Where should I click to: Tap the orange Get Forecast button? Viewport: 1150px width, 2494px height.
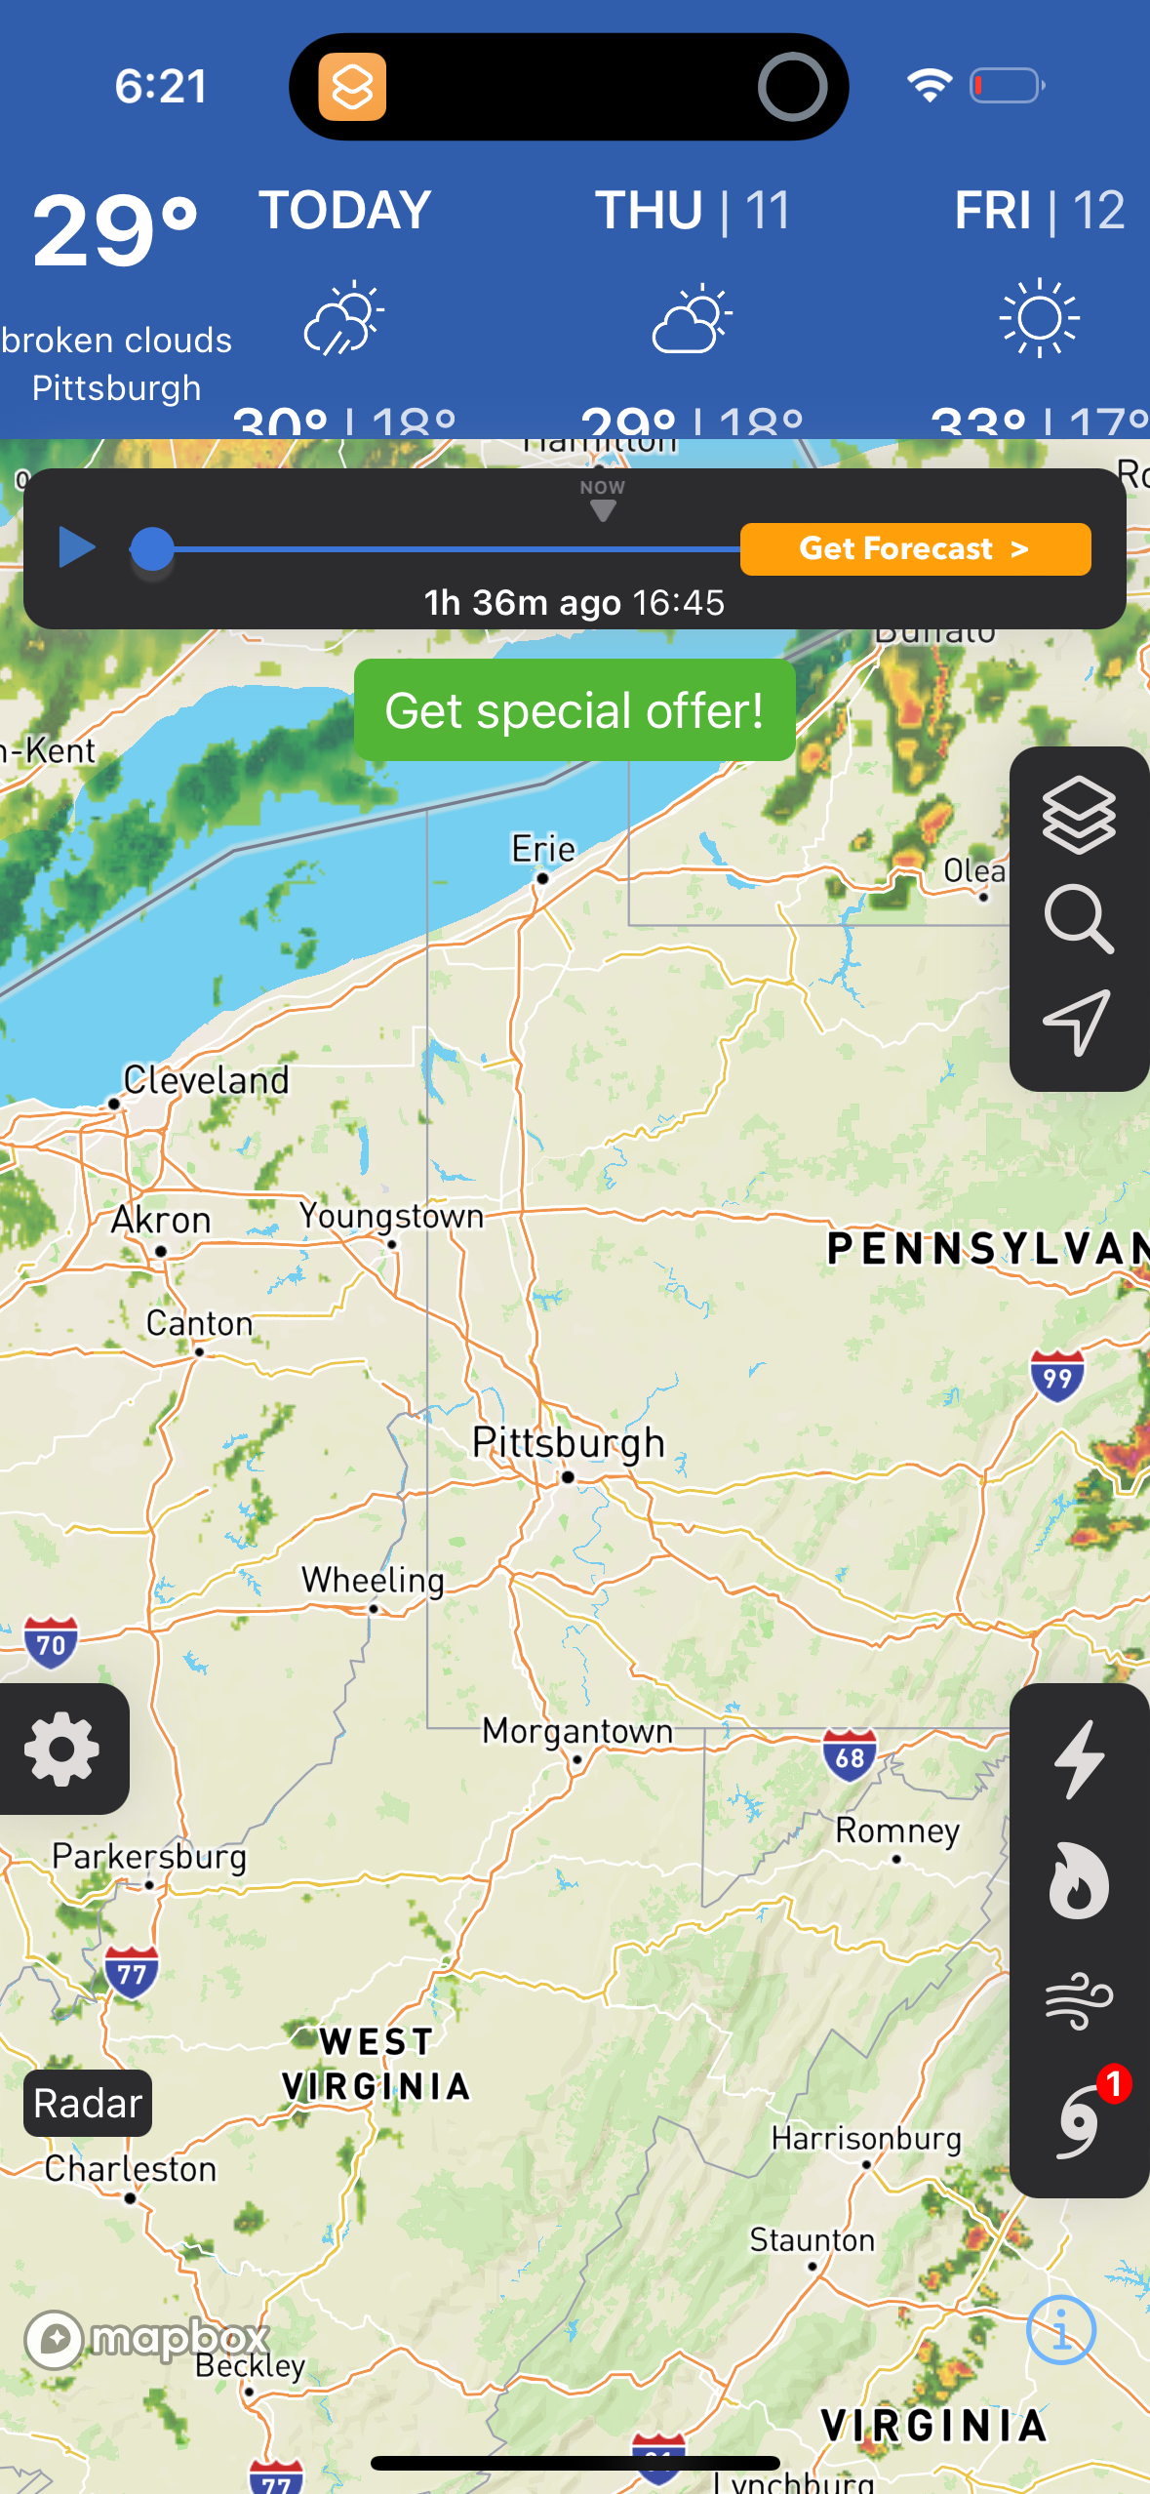click(x=915, y=548)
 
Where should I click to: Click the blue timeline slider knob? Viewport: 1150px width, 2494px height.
click(x=152, y=548)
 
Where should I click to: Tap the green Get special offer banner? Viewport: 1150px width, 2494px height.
click(x=575, y=709)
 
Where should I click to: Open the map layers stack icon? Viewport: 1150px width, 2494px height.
click(x=1078, y=815)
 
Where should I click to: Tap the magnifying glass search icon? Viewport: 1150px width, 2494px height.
click(x=1078, y=918)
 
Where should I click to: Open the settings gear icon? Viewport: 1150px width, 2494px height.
click(x=62, y=1749)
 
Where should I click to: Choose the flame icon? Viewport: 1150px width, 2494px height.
click(x=1079, y=1881)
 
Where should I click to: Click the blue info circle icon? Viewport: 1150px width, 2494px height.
click(x=1061, y=2330)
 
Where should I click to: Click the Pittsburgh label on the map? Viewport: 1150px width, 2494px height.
click(x=568, y=1442)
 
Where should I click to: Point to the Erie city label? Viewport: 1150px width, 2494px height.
click(x=543, y=849)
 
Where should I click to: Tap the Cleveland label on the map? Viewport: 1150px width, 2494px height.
click(x=206, y=1080)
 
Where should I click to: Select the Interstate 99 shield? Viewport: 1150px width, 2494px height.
click(x=1057, y=1376)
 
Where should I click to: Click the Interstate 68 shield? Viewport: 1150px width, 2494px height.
click(x=850, y=1755)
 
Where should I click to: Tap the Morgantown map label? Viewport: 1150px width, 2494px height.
click(x=577, y=1731)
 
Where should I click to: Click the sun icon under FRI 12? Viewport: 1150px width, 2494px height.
click(x=1040, y=318)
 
